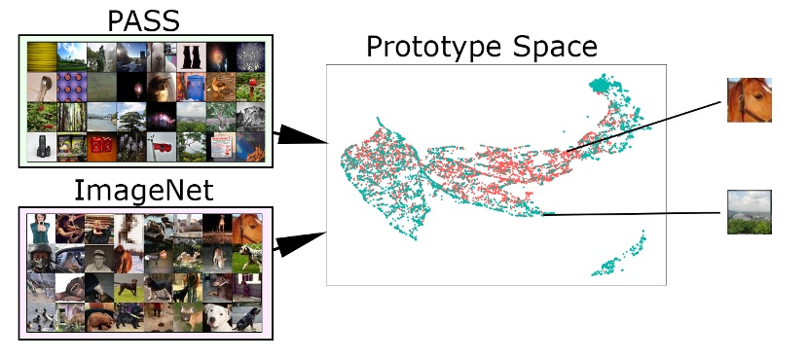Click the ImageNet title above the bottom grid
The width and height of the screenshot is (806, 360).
(145, 188)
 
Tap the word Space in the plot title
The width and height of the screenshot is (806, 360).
(555, 46)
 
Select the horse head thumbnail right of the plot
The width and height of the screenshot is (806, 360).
(750, 100)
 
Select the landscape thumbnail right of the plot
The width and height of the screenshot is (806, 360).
(750, 212)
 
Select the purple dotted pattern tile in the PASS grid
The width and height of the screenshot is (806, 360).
(72, 85)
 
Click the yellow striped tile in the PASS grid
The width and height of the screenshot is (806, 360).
(43, 54)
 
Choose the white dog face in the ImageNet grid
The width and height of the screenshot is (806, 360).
(218, 316)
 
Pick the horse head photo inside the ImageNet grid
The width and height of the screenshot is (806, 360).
(246, 229)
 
